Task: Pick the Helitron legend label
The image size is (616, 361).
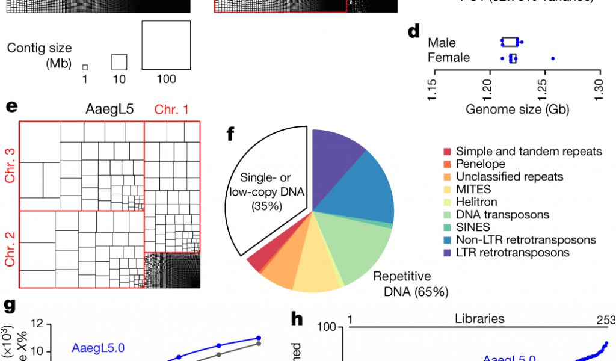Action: click(476, 202)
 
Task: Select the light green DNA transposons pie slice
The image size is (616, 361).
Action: click(361, 247)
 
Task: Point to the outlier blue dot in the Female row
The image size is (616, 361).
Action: click(553, 58)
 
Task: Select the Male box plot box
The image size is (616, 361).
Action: click(510, 42)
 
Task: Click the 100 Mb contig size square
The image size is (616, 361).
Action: click(166, 45)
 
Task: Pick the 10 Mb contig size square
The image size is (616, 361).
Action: click(119, 62)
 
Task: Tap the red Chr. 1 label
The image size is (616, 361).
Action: click(171, 110)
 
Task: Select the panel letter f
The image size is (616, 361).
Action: click(230, 134)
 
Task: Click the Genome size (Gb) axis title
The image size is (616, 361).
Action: click(517, 110)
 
